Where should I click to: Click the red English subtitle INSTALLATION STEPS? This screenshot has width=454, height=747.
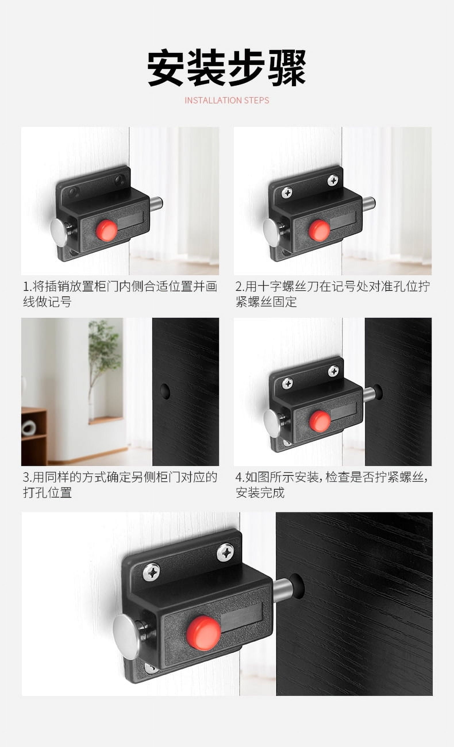pos(227,100)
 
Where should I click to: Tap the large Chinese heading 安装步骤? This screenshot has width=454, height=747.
pos(226,68)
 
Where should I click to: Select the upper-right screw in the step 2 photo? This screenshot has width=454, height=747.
pos(333,180)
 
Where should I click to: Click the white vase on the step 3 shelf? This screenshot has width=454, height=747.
pos(29,428)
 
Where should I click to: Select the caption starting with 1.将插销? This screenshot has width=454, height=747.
pos(120,294)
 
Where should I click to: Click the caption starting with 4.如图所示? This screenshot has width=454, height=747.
pos(332,485)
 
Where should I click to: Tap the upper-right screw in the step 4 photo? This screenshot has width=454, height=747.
pos(334,371)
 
